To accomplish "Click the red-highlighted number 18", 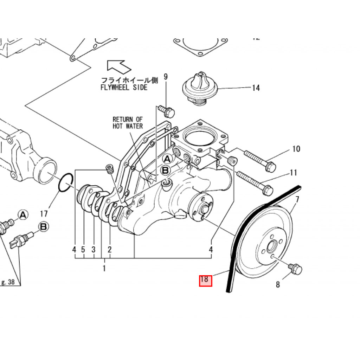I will click(x=205, y=280).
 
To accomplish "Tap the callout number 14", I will click(x=256, y=88).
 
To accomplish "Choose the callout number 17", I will click(x=44, y=213).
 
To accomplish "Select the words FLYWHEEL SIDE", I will click(x=124, y=88).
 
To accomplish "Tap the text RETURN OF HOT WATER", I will click(x=128, y=123).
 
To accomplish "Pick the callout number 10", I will click(x=296, y=149).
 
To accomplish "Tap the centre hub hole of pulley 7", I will click(x=271, y=247).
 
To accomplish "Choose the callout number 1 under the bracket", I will click(x=104, y=269).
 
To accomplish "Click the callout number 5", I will click(x=83, y=250).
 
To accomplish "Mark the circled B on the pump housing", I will click(x=165, y=171).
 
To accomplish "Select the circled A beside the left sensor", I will click(x=23, y=214).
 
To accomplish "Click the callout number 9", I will click(x=166, y=77).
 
